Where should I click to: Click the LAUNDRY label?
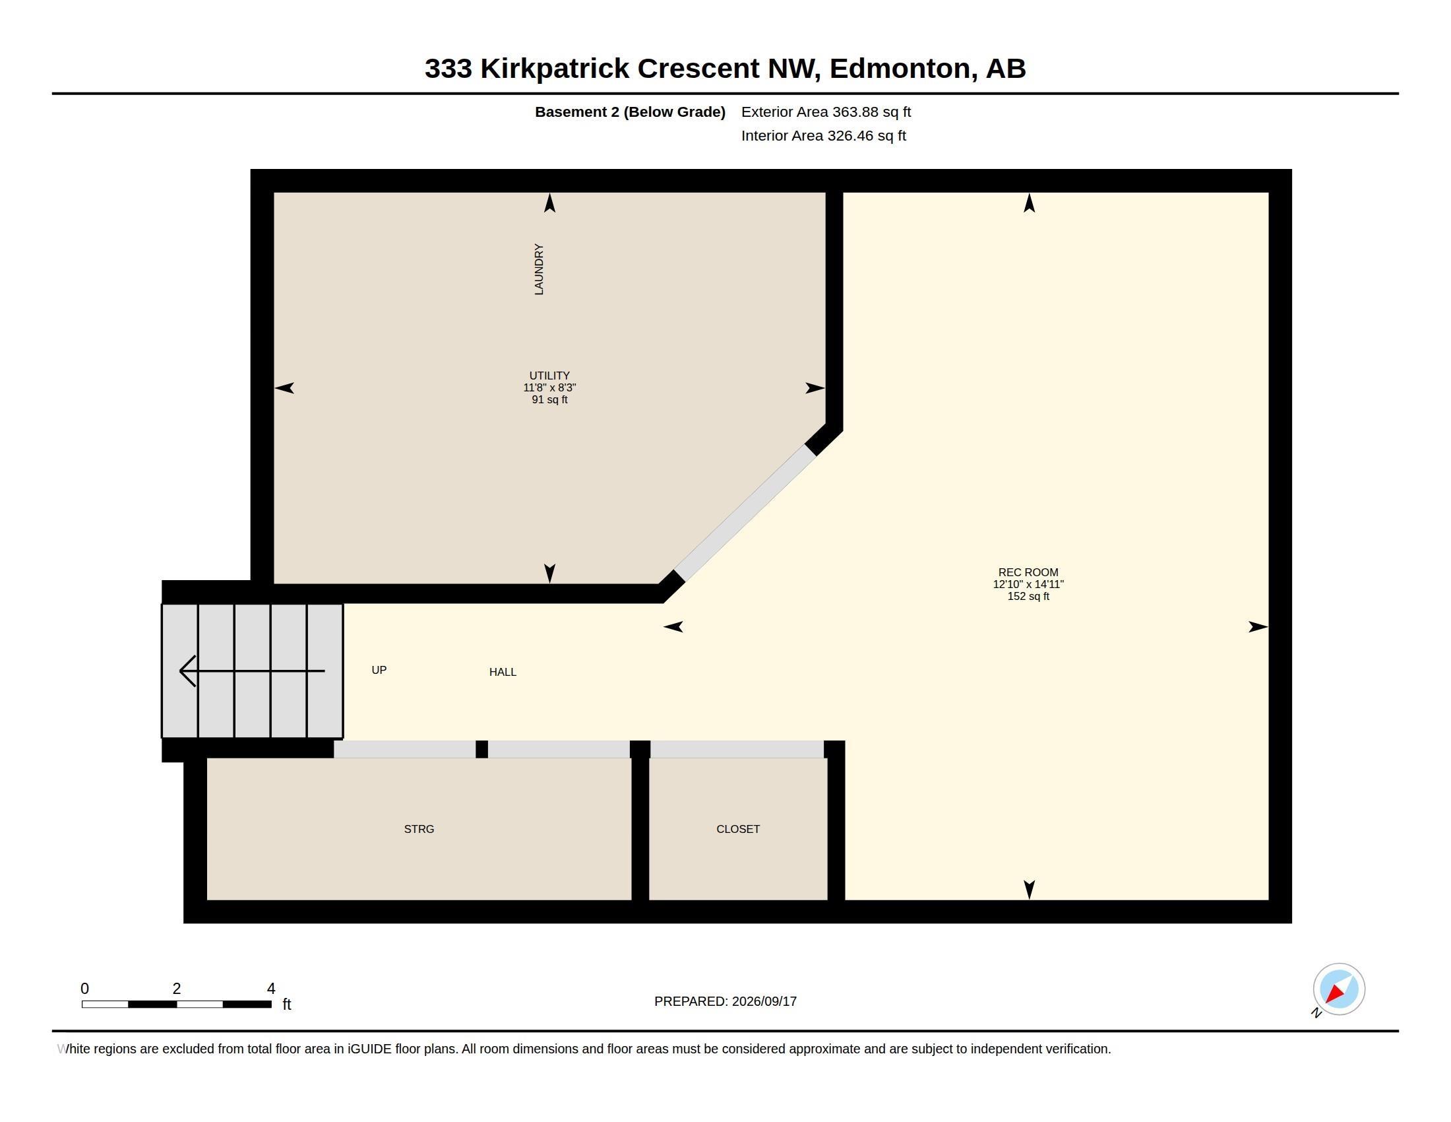(x=539, y=269)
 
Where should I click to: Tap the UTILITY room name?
(x=549, y=376)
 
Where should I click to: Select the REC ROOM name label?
(x=1028, y=572)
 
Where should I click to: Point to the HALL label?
(x=503, y=672)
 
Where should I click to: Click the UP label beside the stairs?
(x=379, y=670)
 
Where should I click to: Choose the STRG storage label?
(x=419, y=829)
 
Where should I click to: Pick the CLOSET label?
(x=738, y=829)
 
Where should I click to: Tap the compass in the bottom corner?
(x=1339, y=989)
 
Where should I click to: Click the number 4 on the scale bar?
(x=271, y=989)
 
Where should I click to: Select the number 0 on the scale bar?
(x=84, y=989)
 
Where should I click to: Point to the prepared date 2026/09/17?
(x=764, y=1001)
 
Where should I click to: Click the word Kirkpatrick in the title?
(x=555, y=69)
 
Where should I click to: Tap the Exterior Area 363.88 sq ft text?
(x=826, y=112)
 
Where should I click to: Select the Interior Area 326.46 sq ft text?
(x=823, y=135)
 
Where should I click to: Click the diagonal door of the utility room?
(x=745, y=512)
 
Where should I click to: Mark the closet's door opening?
(x=737, y=749)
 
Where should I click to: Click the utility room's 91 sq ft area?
(x=549, y=399)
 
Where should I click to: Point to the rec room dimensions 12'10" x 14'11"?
(x=1028, y=584)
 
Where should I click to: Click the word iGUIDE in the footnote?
(x=369, y=1049)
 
